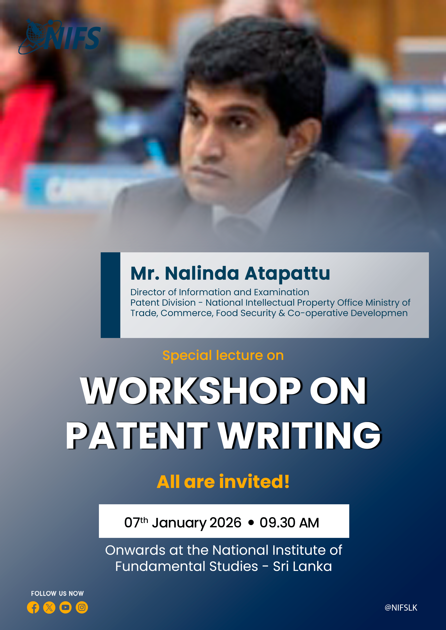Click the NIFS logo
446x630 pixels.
click(60, 37)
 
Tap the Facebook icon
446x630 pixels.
click(33, 607)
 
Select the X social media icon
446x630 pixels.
click(49, 607)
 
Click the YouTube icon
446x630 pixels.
click(65, 607)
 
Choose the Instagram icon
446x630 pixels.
click(82, 607)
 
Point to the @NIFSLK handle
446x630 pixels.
click(401, 608)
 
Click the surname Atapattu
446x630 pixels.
click(287, 273)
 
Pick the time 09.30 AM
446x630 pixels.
click(289, 522)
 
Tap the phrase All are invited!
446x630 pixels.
click(223, 482)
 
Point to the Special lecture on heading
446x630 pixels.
click(223, 355)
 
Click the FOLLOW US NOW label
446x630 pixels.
click(57, 593)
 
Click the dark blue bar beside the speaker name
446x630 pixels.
click(110, 295)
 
